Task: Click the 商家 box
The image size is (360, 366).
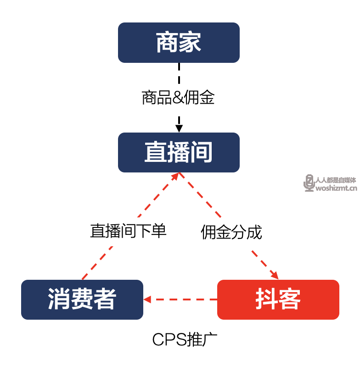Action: (x=179, y=43)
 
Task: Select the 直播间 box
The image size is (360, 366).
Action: (x=179, y=153)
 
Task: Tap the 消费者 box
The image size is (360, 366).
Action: (x=82, y=299)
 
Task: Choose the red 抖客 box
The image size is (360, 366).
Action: (x=278, y=299)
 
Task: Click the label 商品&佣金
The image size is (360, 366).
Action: (x=178, y=98)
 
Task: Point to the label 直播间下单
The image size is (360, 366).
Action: (x=128, y=231)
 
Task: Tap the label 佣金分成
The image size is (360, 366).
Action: (x=231, y=232)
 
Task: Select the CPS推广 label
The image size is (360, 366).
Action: (x=185, y=340)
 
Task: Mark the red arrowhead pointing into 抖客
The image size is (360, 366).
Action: (x=274, y=275)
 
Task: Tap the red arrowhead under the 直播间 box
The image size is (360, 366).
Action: (x=177, y=176)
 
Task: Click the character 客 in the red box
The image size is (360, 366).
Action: (x=290, y=299)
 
